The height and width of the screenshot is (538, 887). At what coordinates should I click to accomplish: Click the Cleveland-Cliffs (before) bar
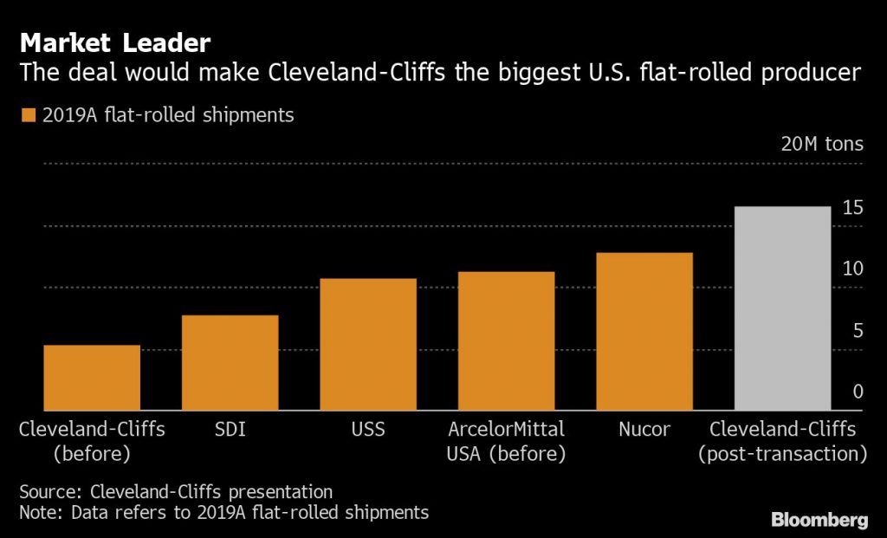click(92, 378)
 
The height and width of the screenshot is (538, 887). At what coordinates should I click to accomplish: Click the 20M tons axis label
click(822, 144)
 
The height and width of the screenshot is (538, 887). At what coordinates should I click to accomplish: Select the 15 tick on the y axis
click(852, 208)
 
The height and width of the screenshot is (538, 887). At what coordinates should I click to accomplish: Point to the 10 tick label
click(852, 269)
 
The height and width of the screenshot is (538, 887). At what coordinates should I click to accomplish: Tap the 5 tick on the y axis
click(858, 331)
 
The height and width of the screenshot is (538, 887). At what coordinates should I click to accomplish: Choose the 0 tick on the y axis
click(858, 392)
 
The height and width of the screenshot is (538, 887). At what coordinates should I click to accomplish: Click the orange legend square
click(29, 115)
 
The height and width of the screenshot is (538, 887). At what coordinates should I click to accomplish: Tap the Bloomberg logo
click(819, 520)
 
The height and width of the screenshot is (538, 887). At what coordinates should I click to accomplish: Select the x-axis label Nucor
click(644, 429)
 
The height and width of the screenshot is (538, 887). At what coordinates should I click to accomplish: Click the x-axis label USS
click(368, 429)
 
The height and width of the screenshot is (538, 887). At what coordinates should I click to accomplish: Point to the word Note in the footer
click(40, 512)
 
